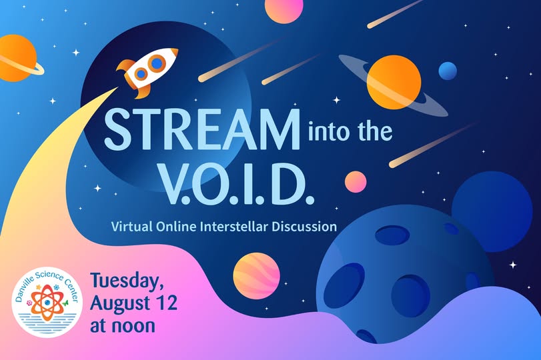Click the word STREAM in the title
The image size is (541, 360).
(202, 129)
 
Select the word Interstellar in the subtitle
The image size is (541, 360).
(233, 227)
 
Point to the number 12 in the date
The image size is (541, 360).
(167, 303)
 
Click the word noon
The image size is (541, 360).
(133, 326)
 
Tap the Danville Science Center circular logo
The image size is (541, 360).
(47, 302)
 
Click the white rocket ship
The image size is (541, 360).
(147, 71)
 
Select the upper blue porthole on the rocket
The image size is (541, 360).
(157, 63)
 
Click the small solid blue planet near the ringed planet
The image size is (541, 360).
(448, 71)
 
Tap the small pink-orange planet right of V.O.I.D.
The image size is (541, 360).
(356, 181)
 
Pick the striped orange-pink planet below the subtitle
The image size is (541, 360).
(256, 276)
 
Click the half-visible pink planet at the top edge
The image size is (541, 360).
(284, 9)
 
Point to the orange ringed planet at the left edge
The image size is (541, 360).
(18, 58)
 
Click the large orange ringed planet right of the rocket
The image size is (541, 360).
(394, 83)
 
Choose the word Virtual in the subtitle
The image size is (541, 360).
(131, 227)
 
